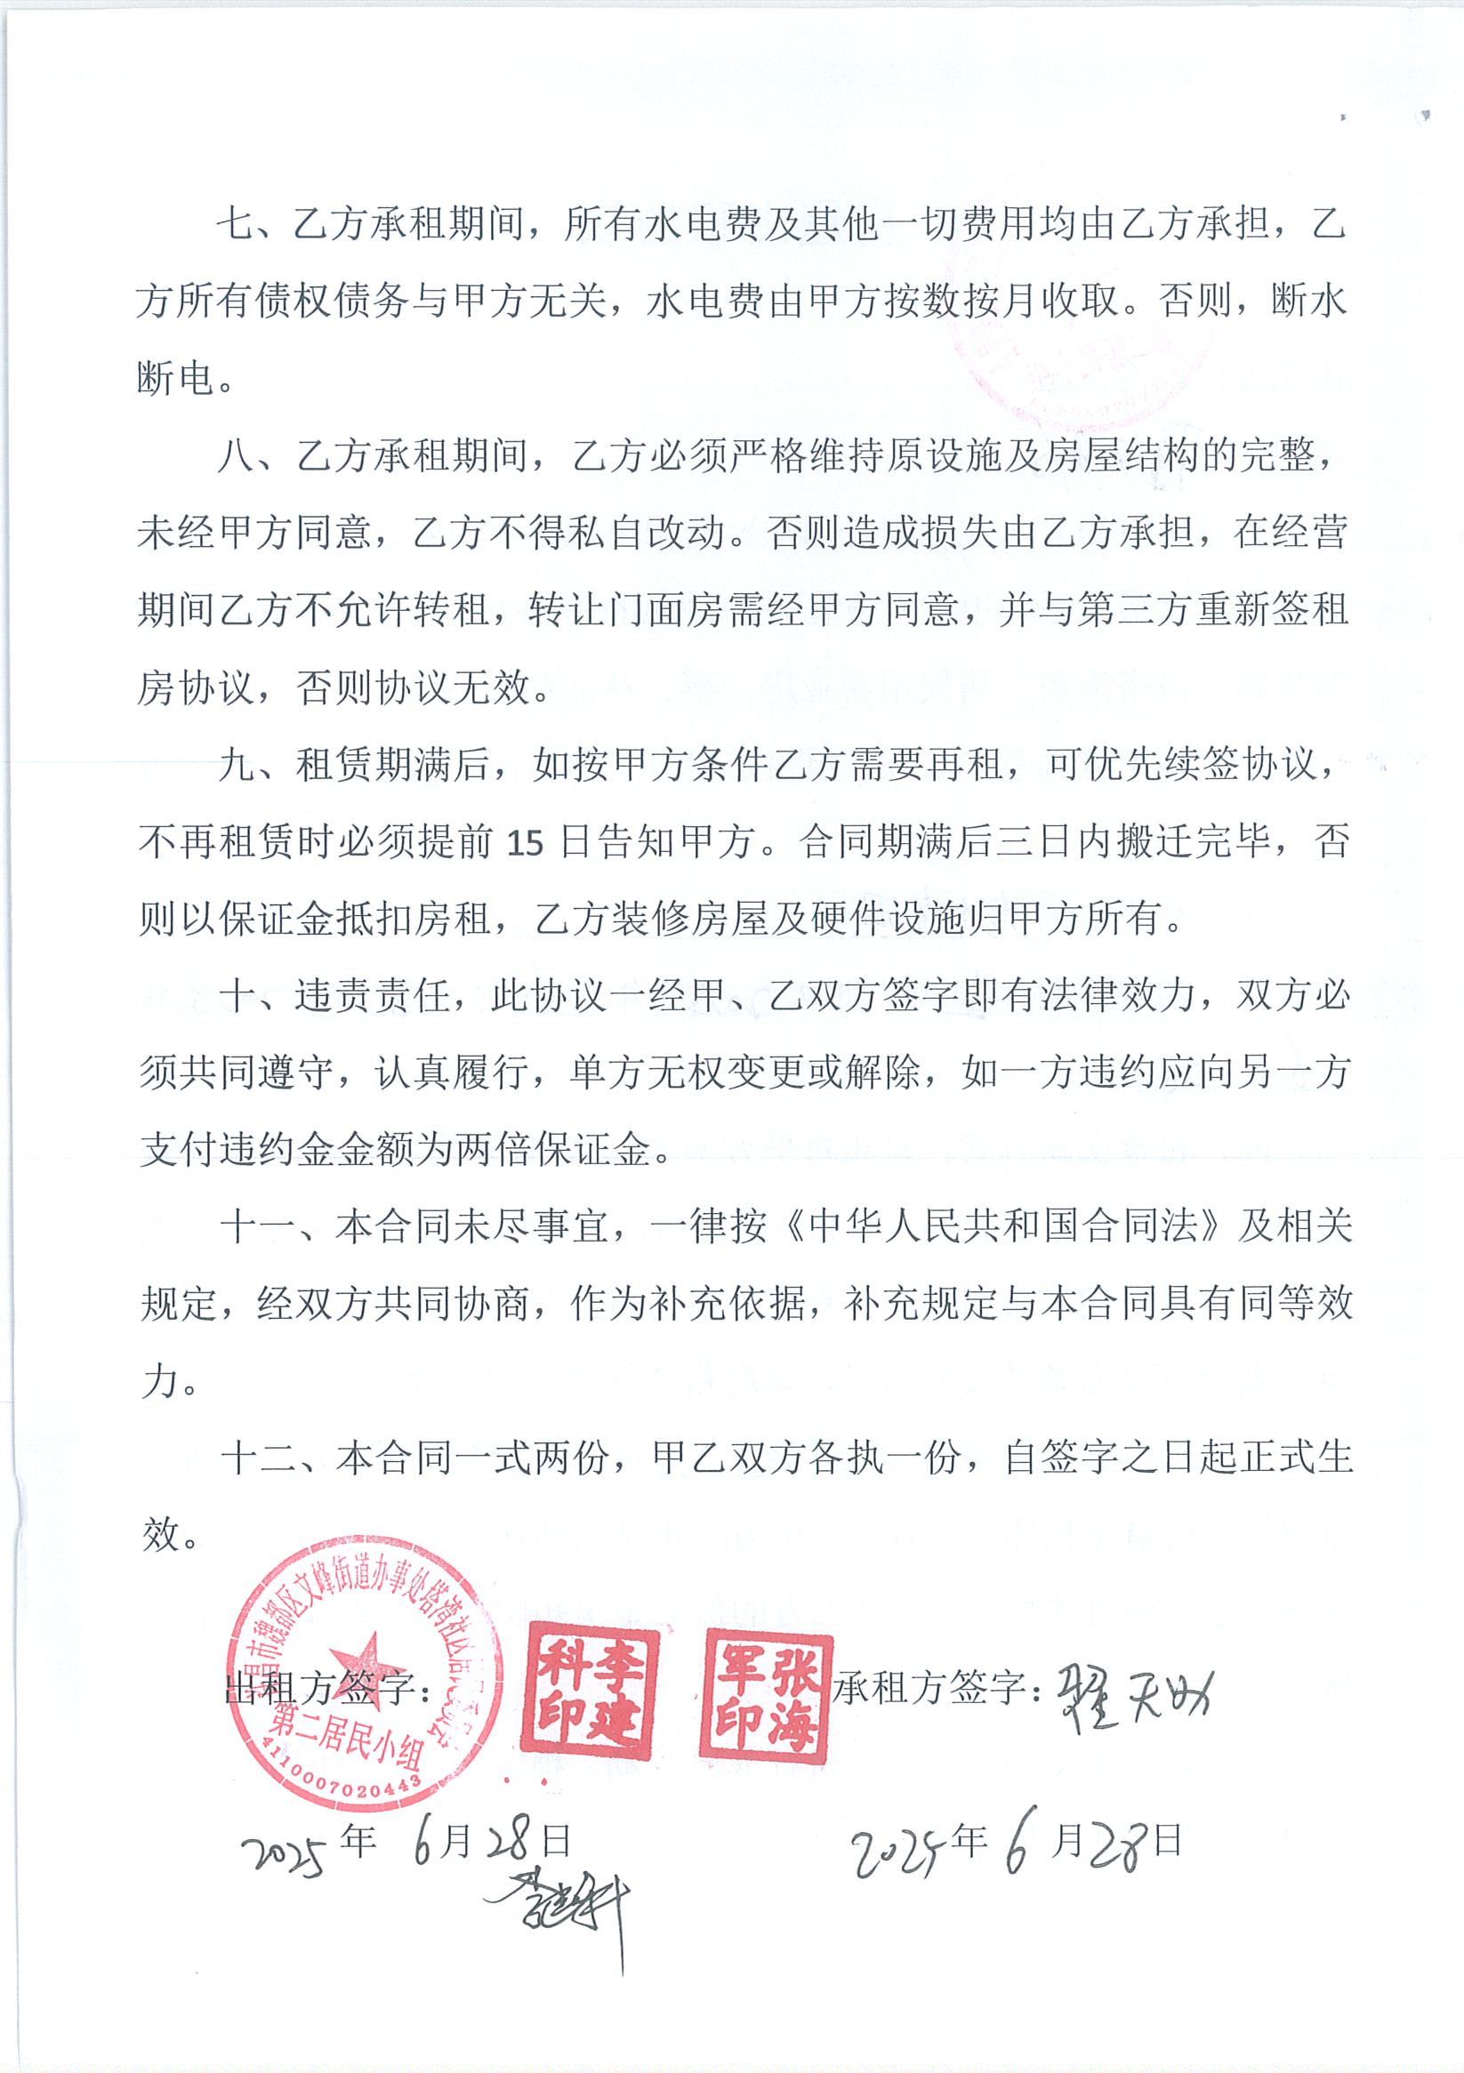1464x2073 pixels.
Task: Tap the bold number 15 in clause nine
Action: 525,843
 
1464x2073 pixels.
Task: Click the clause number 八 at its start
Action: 237,456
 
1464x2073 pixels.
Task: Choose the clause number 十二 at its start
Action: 258,1458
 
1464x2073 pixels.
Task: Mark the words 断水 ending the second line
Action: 1308,301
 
